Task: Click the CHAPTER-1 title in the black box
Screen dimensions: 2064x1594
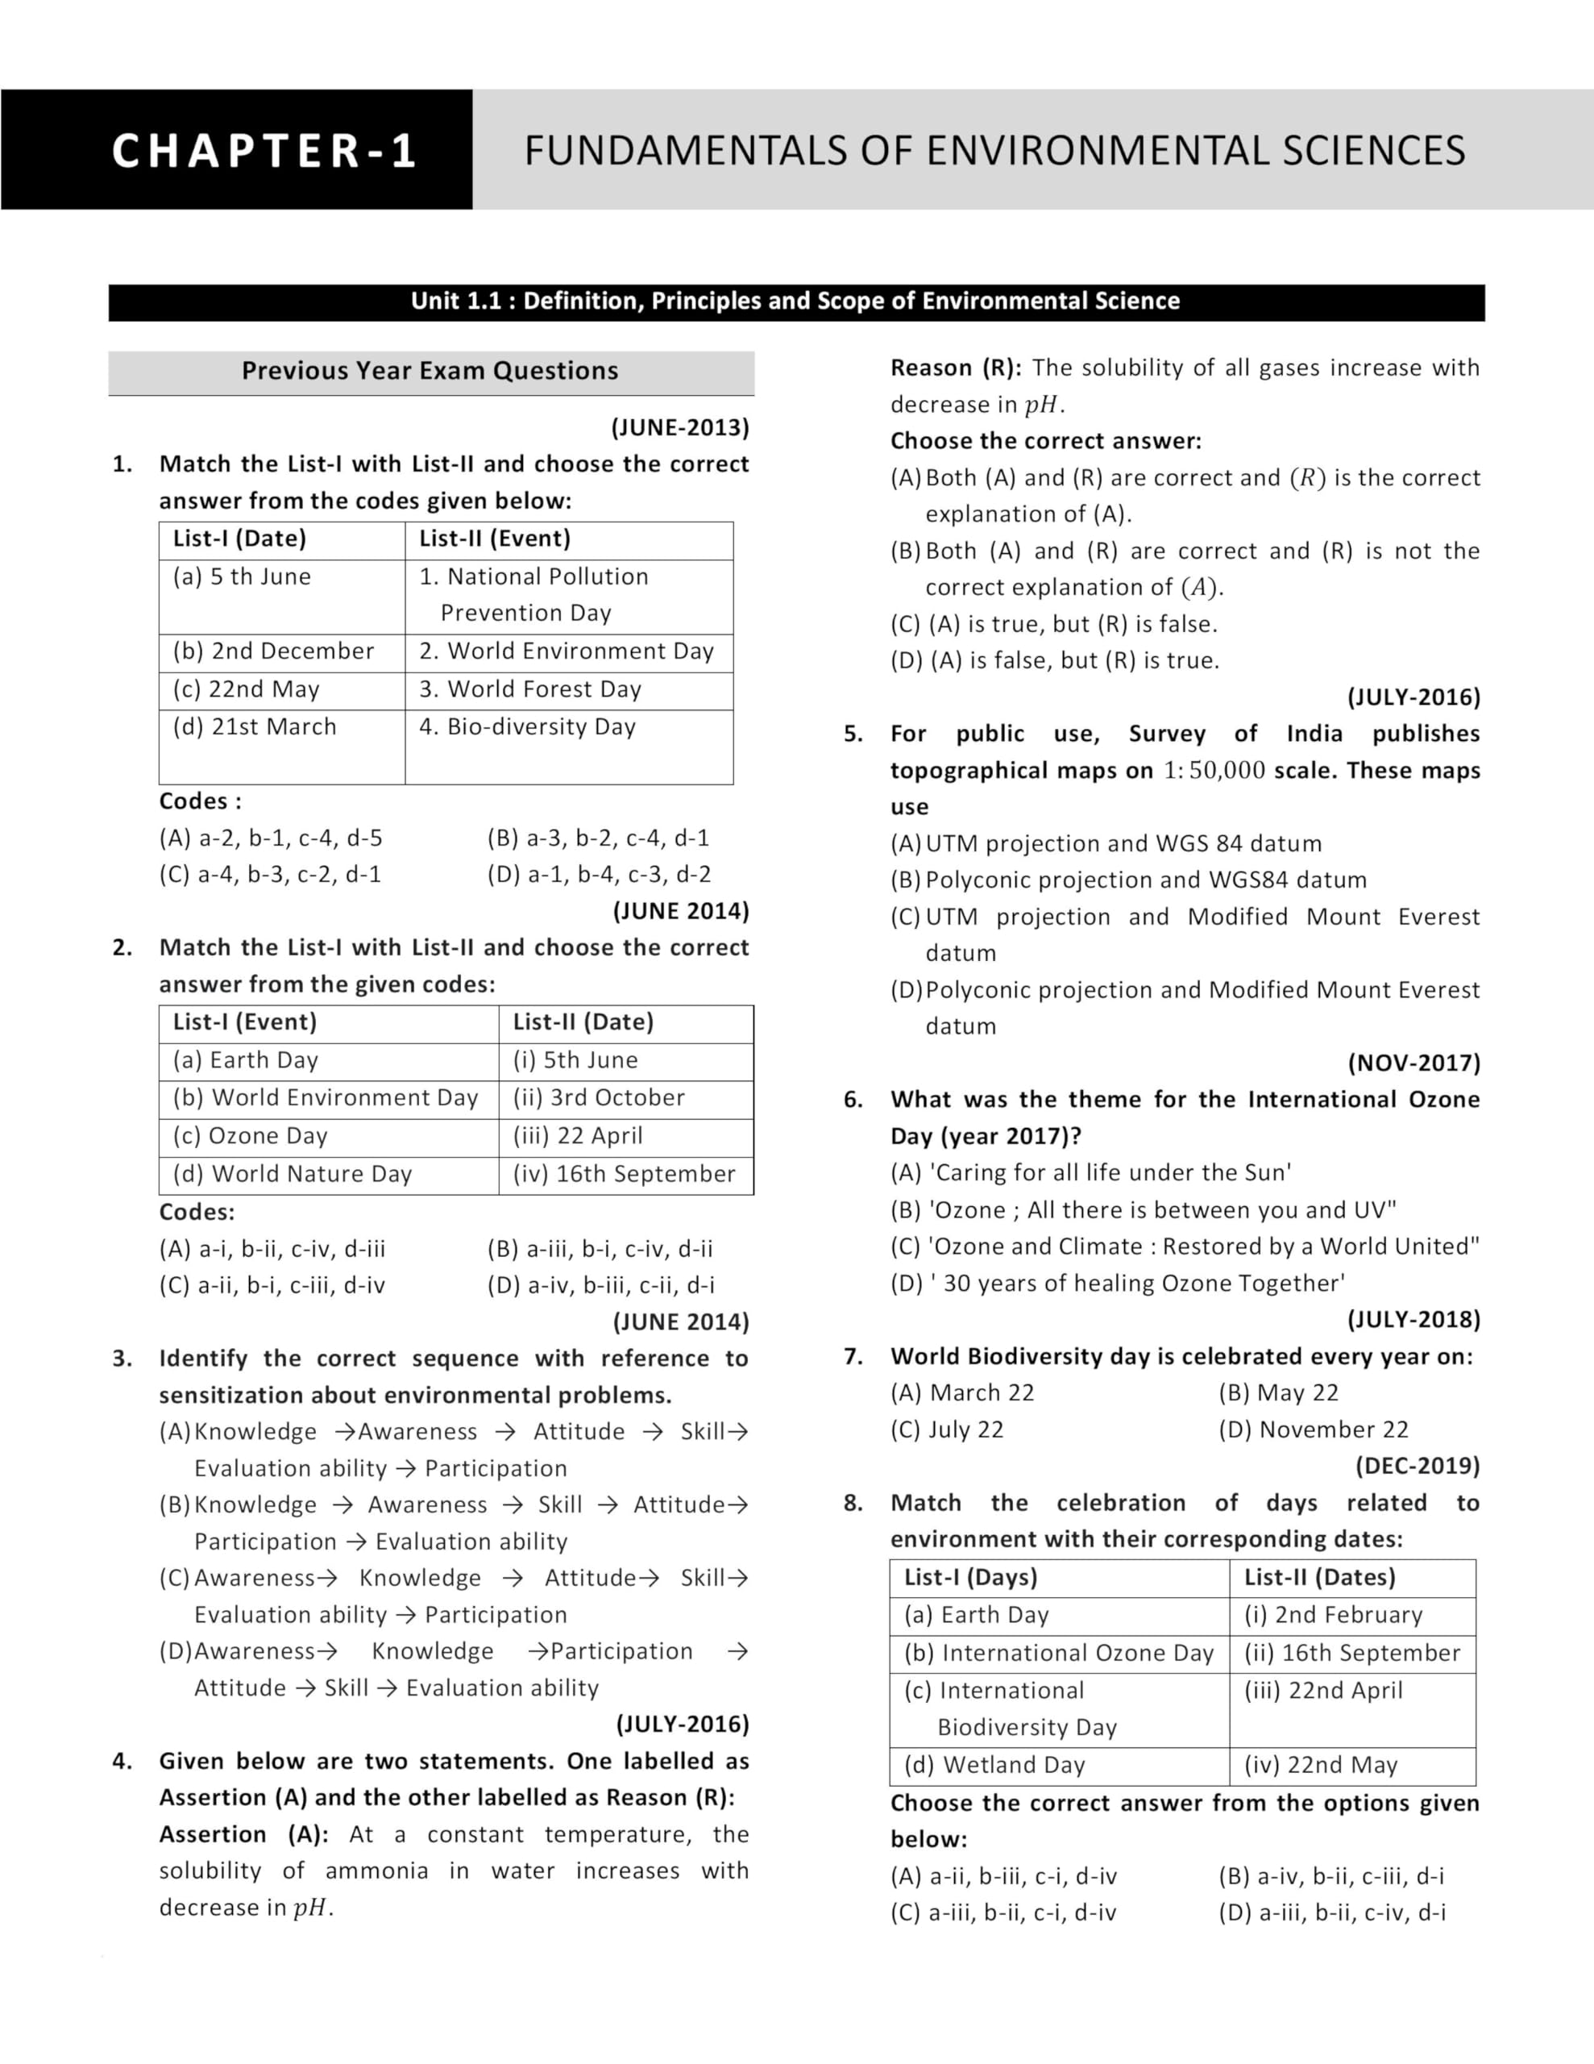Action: click(264, 150)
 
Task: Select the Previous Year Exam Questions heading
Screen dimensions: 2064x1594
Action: click(430, 370)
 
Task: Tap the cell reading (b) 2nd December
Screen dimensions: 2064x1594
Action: click(273, 651)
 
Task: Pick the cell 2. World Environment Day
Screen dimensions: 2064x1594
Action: click(566, 651)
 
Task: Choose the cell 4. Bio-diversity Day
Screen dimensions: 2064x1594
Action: click(527, 726)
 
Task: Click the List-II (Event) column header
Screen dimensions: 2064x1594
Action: click(495, 539)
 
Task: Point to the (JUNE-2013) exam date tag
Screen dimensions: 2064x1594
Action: click(680, 427)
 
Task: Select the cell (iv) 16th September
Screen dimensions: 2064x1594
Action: click(624, 1174)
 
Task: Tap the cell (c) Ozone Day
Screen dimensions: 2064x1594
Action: click(251, 1136)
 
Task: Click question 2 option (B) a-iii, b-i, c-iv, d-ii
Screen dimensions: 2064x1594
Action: click(600, 1248)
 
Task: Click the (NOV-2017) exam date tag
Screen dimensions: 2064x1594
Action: click(1413, 1063)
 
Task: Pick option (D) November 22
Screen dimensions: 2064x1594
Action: click(1314, 1429)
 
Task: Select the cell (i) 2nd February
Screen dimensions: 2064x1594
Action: click(1332, 1614)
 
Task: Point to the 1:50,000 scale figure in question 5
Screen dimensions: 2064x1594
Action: click(1213, 770)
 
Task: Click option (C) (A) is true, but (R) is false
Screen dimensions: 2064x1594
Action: click(1053, 624)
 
